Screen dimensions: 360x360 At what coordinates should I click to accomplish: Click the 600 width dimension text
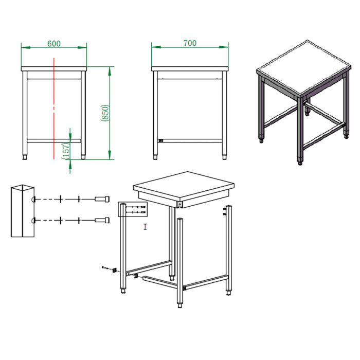pos(53,44)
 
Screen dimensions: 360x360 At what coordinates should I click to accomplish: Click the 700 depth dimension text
pos(190,44)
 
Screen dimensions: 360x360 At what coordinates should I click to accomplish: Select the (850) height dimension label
pos(104,113)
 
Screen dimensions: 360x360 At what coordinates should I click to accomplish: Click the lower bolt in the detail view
pos(102,220)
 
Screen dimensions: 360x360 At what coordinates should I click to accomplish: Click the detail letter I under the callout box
pos(146,226)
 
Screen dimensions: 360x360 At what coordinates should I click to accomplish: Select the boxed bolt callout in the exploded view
pos(133,209)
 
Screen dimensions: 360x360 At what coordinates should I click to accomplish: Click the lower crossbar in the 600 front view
pos(54,140)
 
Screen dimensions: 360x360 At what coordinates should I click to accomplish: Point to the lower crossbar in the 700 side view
pos(190,140)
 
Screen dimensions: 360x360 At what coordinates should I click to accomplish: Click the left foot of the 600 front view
pos(26,155)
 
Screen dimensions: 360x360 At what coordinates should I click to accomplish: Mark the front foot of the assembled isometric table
pos(301,162)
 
